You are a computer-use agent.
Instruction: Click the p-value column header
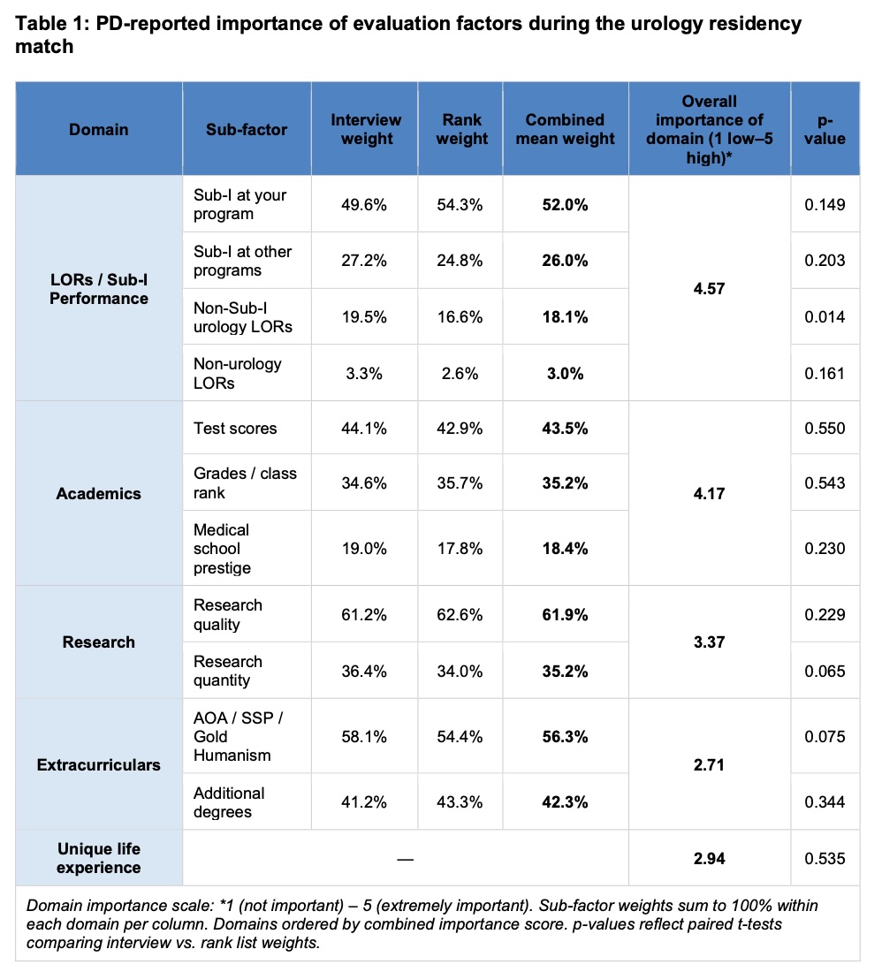[x=825, y=129]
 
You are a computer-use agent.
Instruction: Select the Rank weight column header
[x=461, y=129]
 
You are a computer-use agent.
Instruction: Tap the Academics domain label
[x=99, y=493]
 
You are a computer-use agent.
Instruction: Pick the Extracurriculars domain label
[x=99, y=764]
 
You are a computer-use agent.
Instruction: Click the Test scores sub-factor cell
[x=235, y=429]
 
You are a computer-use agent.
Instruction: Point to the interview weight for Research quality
[x=364, y=614]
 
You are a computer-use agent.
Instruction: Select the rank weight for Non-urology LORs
[x=460, y=373]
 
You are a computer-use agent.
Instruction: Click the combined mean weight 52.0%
[x=565, y=205]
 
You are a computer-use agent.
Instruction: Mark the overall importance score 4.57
[x=709, y=288]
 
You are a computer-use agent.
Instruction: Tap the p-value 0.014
[x=825, y=316]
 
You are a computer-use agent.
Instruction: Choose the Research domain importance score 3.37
[x=709, y=642]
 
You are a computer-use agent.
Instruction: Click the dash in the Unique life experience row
[x=406, y=859]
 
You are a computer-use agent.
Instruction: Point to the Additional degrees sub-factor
[x=229, y=802]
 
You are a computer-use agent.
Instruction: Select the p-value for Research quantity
[x=825, y=671]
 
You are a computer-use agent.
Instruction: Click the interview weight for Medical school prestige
[x=364, y=549]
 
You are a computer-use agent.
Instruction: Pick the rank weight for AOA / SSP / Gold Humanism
[x=460, y=736]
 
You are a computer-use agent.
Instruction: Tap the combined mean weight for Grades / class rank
[x=565, y=482]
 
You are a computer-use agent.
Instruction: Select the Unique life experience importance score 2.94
[x=709, y=859]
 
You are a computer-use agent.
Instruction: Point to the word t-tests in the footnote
[x=759, y=923]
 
